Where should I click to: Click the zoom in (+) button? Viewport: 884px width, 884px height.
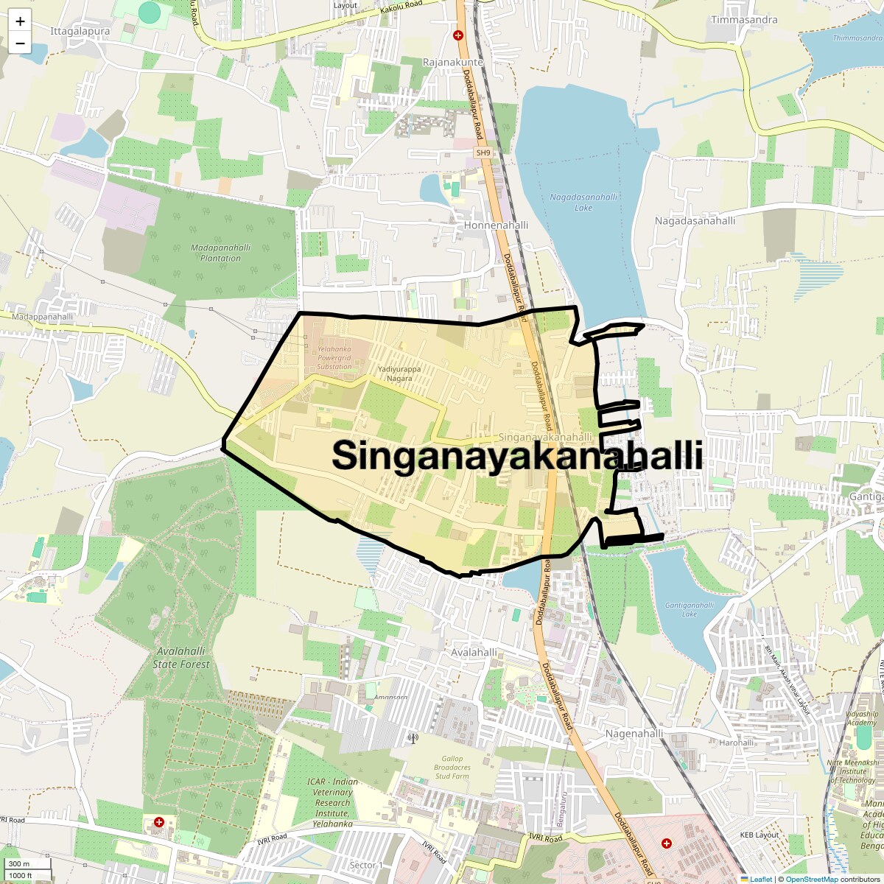coord(20,21)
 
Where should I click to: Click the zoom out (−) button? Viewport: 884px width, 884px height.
coord(20,43)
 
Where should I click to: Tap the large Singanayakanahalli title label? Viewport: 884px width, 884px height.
coord(516,455)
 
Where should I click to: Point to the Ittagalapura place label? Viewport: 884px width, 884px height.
coord(80,32)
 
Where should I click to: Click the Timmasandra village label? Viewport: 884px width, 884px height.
coord(744,20)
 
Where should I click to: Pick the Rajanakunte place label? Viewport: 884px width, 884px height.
coord(453,63)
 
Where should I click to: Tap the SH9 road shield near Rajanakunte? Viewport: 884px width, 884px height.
coord(483,152)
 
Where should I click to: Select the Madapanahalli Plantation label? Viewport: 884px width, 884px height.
coord(220,253)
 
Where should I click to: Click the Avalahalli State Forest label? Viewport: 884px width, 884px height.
coord(181,658)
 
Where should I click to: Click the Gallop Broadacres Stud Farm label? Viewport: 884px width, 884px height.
coord(452,768)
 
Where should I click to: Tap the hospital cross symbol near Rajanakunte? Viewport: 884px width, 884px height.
coord(458,35)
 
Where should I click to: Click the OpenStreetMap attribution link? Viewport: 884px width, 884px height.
coord(811,879)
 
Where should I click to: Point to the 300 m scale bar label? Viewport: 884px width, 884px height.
coord(20,864)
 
